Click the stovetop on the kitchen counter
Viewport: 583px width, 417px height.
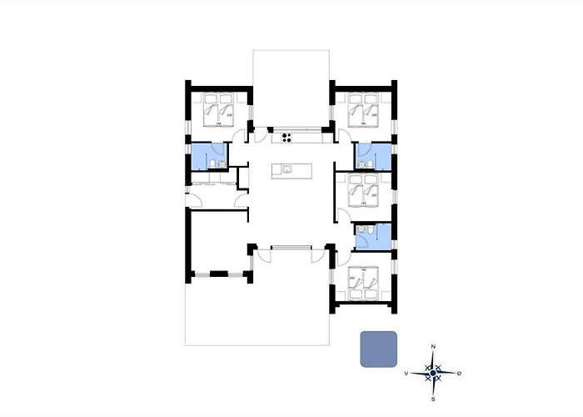288,138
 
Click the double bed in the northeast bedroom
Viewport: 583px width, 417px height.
363,109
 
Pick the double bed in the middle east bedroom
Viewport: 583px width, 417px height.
363,191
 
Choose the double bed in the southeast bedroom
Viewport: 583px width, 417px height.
364,282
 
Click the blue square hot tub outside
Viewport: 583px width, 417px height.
379,349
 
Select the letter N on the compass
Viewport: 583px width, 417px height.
432,345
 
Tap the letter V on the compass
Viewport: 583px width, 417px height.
406,373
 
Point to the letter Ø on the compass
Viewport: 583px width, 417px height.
459,373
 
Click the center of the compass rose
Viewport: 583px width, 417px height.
432,373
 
